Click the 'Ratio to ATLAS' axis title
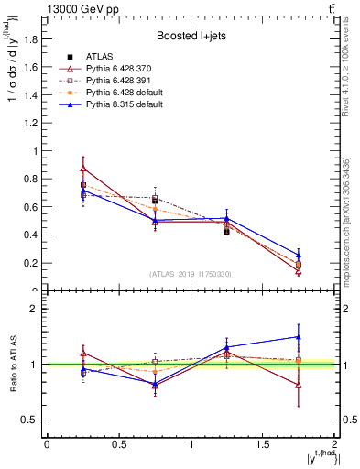click(x=14, y=364)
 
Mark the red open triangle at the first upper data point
click(x=83, y=168)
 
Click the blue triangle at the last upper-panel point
click(x=298, y=256)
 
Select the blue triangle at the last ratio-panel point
click(x=298, y=337)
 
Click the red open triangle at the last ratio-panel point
click(x=298, y=385)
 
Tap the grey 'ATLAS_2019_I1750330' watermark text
click(x=191, y=274)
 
